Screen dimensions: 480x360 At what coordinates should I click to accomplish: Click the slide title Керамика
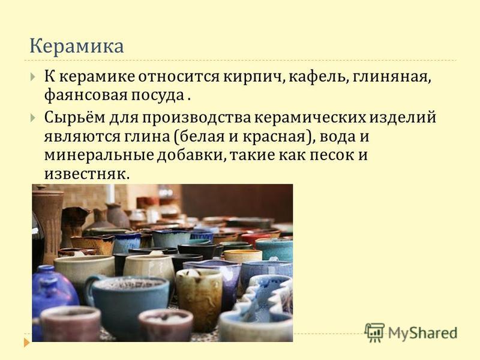tap(77, 47)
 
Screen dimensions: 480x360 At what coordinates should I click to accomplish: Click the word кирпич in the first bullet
tap(253, 77)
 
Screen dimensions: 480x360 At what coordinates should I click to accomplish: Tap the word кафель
tap(317, 77)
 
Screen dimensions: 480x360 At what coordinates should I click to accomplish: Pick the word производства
tap(196, 117)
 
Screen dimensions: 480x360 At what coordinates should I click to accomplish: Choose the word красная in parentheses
tap(275, 137)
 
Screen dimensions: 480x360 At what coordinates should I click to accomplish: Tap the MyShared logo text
tap(423, 333)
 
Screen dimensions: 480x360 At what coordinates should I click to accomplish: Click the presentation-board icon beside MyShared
tap(374, 332)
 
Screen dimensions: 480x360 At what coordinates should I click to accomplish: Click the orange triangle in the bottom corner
tap(27, 342)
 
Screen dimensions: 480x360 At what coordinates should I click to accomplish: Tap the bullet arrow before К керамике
tap(33, 77)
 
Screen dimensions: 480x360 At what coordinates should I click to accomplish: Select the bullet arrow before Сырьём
tap(33, 118)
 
